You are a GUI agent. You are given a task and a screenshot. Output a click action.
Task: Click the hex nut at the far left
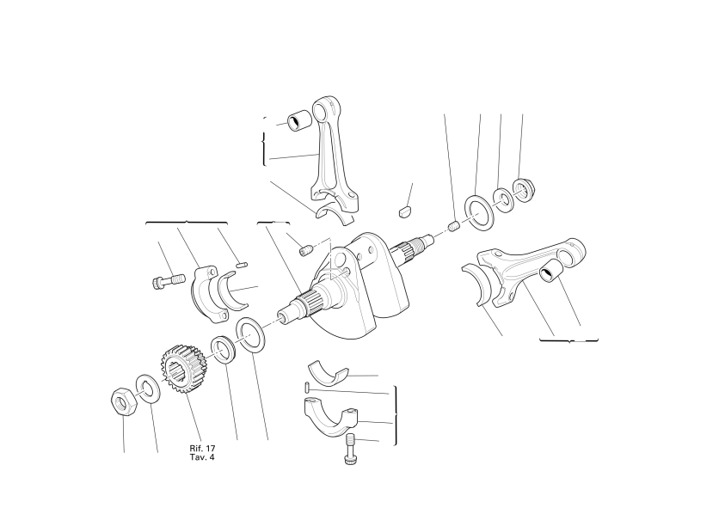click(123, 401)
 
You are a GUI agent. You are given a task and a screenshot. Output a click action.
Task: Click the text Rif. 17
click(202, 449)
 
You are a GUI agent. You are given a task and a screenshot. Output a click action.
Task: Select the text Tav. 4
click(202, 457)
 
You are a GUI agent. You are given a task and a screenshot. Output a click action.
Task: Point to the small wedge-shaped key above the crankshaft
click(403, 212)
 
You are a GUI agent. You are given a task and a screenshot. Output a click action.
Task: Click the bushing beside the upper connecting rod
click(299, 121)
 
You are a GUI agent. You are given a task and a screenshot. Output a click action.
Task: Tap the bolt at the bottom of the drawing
click(351, 449)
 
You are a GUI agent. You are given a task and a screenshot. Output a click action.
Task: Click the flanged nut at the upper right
click(523, 188)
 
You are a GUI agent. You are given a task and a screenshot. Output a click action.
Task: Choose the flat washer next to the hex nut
click(148, 389)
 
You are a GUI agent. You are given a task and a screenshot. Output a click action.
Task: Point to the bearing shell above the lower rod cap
click(328, 370)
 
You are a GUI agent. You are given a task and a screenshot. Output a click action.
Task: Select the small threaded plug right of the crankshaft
click(454, 226)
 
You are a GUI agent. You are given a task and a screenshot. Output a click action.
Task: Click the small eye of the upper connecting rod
click(327, 110)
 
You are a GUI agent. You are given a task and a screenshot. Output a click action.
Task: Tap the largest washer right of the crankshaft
click(479, 212)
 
